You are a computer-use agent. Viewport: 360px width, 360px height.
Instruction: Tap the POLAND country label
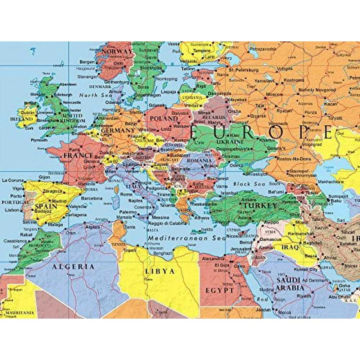click(159, 119)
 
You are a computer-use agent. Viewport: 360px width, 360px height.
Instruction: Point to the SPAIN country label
click(46, 207)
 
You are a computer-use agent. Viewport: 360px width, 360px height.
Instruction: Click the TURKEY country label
click(261, 206)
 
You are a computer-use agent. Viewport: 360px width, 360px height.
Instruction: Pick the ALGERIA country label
click(73, 267)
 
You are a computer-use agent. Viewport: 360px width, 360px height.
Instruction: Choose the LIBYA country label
click(160, 271)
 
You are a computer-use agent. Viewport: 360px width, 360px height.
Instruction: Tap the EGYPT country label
click(220, 290)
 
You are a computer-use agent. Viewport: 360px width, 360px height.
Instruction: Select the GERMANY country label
click(118, 131)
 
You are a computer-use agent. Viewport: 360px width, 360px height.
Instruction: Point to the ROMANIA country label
click(198, 161)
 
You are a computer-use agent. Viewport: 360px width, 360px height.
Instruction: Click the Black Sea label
click(246, 184)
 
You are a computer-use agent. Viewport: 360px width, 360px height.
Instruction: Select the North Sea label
click(94, 95)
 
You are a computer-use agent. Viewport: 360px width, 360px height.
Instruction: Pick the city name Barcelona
click(91, 198)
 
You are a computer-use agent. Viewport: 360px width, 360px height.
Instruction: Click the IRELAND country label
click(21, 119)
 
